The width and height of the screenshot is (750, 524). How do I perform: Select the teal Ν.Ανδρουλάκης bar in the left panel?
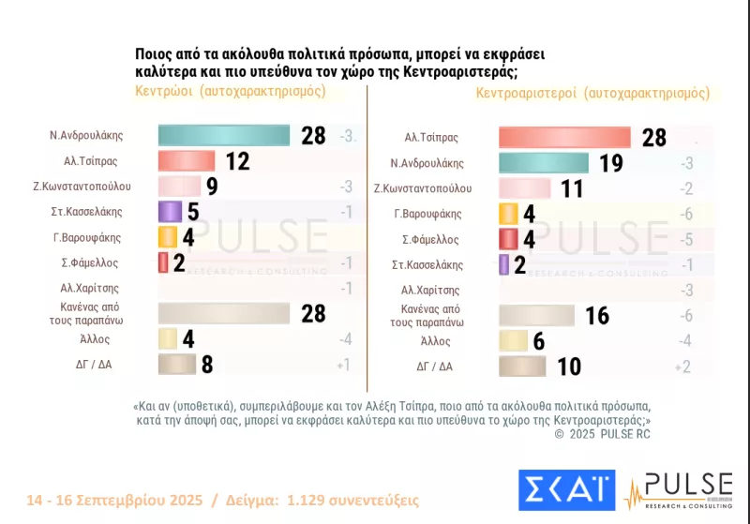[x=224, y=135]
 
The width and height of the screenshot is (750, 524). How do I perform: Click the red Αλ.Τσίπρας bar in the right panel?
[x=564, y=137]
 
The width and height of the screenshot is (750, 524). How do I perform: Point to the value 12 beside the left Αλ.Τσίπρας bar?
[x=237, y=161]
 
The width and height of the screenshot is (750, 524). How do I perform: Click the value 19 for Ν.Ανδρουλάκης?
[x=610, y=163]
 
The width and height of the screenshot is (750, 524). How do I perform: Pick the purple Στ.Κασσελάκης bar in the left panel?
[x=170, y=211]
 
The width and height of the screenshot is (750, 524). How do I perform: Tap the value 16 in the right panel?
[x=597, y=315]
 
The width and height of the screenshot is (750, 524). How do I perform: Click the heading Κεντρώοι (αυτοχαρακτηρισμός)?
[x=231, y=91]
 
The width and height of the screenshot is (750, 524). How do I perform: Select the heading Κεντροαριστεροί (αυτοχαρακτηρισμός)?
[x=592, y=93]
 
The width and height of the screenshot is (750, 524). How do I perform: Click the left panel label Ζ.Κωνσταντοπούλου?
[x=82, y=186]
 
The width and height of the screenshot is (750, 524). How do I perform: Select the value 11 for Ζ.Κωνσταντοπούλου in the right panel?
[x=572, y=188]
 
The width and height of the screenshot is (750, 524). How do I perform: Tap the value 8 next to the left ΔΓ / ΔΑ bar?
[x=207, y=364]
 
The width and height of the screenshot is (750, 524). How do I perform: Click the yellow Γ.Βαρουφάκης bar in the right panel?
[x=508, y=214]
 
